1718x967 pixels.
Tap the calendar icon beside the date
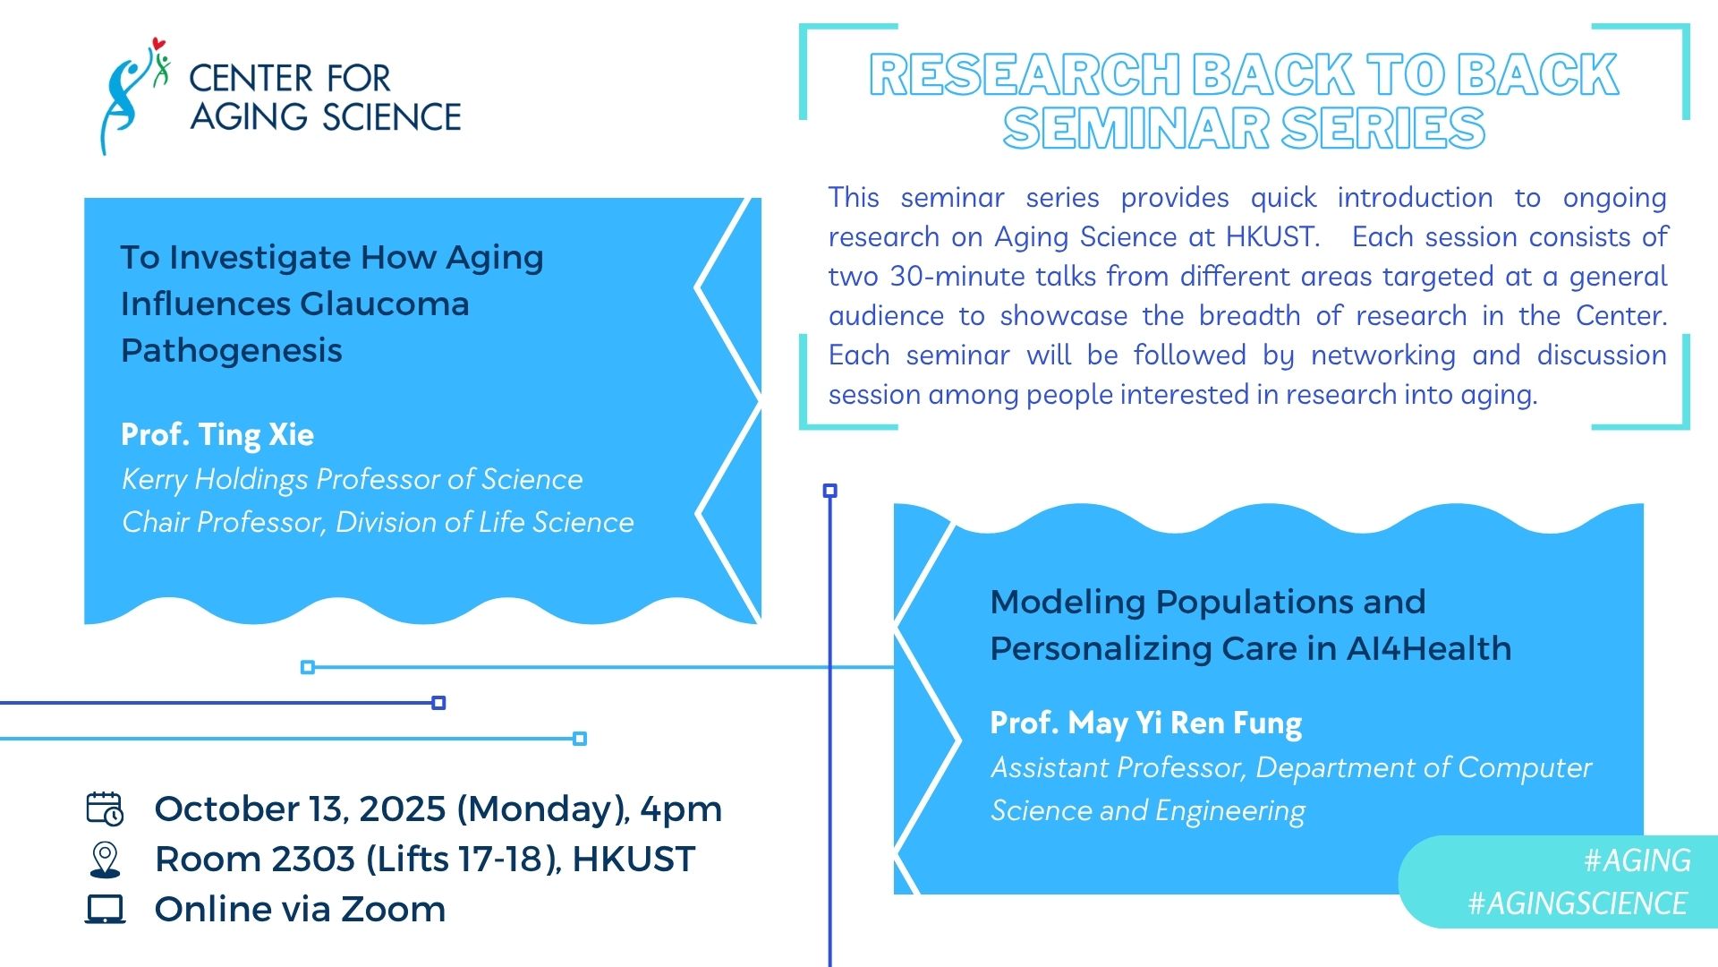pyautogui.click(x=105, y=809)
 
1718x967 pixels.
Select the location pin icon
pyautogui.click(x=106, y=860)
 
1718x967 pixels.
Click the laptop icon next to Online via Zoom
pyautogui.click(x=106, y=909)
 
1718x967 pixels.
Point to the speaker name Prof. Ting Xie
pyautogui.click(x=217, y=435)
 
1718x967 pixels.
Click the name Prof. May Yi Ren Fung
pyautogui.click(x=1145, y=723)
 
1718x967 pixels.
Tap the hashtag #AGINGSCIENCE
pyautogui.click(x=1578, y=903)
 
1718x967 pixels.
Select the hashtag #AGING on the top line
pyautogui.click(x=1637, y=860)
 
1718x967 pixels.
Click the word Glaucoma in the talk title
pyautogui.click(x=384, y=304)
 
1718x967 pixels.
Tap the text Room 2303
pyautogui.click(x=255, y=860)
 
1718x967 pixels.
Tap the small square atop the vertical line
pyautogui.click(x=830, y=491)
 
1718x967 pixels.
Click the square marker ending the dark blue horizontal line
pyautogui.click(x=438, y=703)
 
